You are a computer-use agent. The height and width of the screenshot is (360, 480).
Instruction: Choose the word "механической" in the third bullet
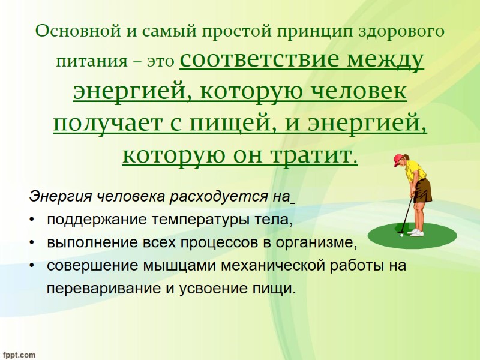coord(271,266)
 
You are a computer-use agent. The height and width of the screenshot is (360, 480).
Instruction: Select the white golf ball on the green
coord(401,235)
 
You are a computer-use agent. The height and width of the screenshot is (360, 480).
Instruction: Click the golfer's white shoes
coord(416,232)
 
